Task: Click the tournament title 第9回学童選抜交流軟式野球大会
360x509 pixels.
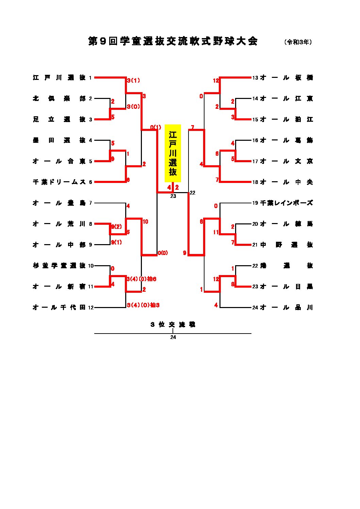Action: pos(173,41)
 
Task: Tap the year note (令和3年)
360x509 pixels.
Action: pos(298,42)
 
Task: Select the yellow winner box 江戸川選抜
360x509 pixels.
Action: pos(173,153)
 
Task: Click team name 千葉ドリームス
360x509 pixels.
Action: pos(59,182)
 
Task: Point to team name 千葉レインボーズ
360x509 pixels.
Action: pos(286,203)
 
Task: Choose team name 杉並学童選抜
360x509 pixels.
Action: pos(59,266)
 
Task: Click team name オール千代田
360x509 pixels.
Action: pos(59,308)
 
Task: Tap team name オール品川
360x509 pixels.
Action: pos(286,308)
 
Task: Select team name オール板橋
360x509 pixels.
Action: pos(286,78)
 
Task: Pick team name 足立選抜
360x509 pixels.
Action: pos(59,120)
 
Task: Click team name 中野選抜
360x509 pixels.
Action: pos(286,245)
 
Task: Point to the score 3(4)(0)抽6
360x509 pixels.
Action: pos(141,279)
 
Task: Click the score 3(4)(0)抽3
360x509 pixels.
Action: pos(143,305)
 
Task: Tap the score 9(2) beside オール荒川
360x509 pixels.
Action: pos(116,227)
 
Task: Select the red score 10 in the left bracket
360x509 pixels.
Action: pos(145,222)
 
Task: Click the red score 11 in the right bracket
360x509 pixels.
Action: pos(216,232)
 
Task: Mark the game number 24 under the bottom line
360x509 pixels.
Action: pos(173,338)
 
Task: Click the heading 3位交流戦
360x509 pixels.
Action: pos(173,325)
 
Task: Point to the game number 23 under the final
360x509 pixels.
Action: pos(173,196)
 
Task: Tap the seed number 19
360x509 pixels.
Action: pos(255,203)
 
